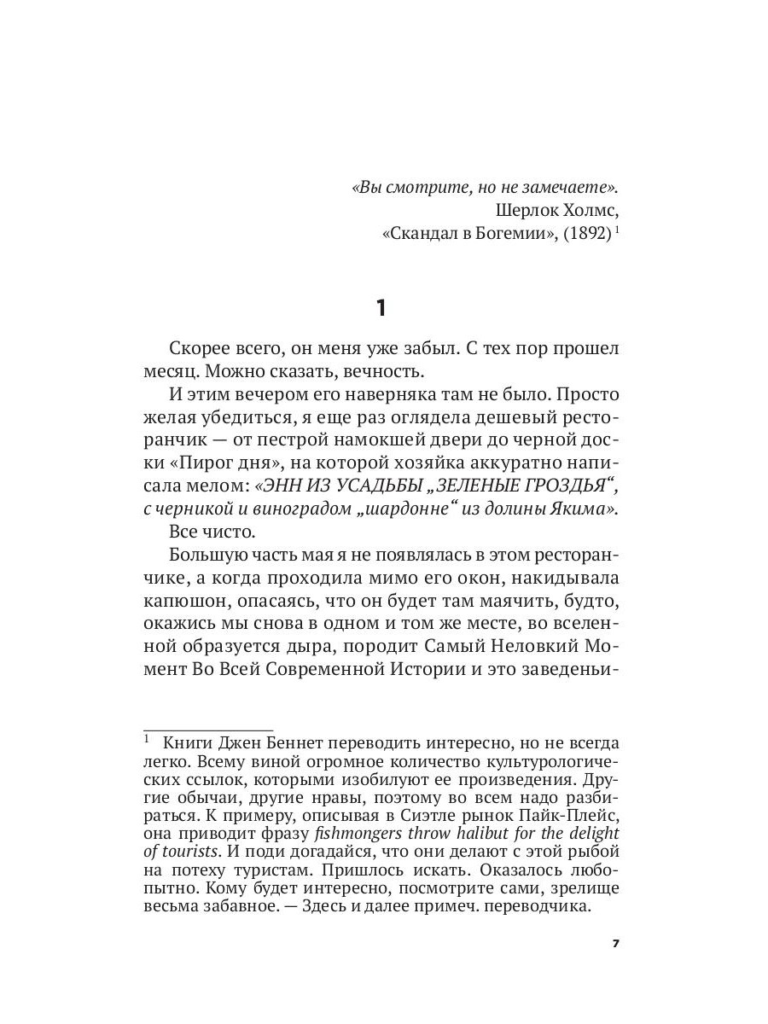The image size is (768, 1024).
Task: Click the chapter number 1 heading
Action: coord(381,308)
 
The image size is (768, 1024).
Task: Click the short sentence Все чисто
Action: coord(202,530)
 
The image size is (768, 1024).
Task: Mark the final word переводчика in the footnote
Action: coord(539,906)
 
